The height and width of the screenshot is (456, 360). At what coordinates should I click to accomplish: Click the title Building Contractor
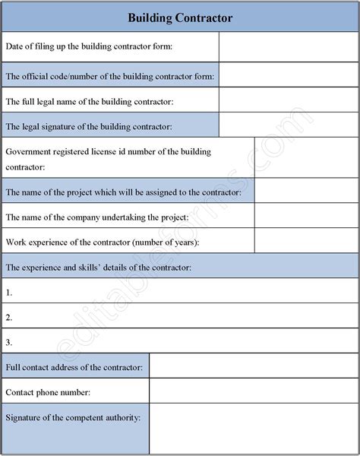pyautogui.click(x=180, y=16)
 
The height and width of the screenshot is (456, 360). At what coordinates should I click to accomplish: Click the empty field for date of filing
pyautogui.click(x=289, y=46)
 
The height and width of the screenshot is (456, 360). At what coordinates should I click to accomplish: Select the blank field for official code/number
pyautogui.click(x=289, y=75)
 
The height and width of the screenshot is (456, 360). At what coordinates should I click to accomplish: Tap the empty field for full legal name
pyautogui.click(x=289, y=100)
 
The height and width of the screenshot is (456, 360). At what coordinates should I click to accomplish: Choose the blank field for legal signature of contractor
pyautogui.click(x=289, y=125)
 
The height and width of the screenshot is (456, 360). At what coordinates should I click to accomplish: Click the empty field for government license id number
pyautogui.click(x=306, y=158)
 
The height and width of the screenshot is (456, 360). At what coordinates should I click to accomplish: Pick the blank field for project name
pyautogui.click(x=306, y=192)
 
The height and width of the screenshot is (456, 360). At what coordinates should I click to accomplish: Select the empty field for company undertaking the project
pyautogui.click(x=306, y=217)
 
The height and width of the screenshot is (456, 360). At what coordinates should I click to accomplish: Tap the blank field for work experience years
pyautogui.click(x=306, y=242)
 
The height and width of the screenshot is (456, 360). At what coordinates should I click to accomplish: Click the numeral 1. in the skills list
pyautogui.click(x=9, y=292)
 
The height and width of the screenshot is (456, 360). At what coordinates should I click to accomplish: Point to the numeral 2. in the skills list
pyautogui.click(x=9, y=317)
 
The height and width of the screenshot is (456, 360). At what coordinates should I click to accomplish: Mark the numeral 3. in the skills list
pyautogui.click(x=9, y=342)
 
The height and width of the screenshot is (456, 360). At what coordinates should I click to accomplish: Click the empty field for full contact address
pyautogui.click(x=254, y=367)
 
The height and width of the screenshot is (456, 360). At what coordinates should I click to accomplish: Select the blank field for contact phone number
pyautogui.click(x=254, y=392)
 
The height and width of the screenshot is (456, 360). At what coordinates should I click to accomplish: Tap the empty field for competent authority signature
pyautogui.click(x=254, y=429)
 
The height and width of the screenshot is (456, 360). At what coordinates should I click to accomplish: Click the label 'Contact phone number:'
pyautogui.click(x=48, y=392)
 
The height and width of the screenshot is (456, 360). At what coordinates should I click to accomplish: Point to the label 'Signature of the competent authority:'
pyautogui.click(x=74, y=417)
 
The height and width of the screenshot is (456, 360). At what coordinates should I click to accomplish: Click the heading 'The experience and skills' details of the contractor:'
pyautogui.click(x=98, y=267)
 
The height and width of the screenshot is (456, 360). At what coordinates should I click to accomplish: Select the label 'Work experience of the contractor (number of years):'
pyautogui.click(x=103, y=242)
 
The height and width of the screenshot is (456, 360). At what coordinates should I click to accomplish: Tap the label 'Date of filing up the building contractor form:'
pyautogui.click(x=89, y=46)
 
